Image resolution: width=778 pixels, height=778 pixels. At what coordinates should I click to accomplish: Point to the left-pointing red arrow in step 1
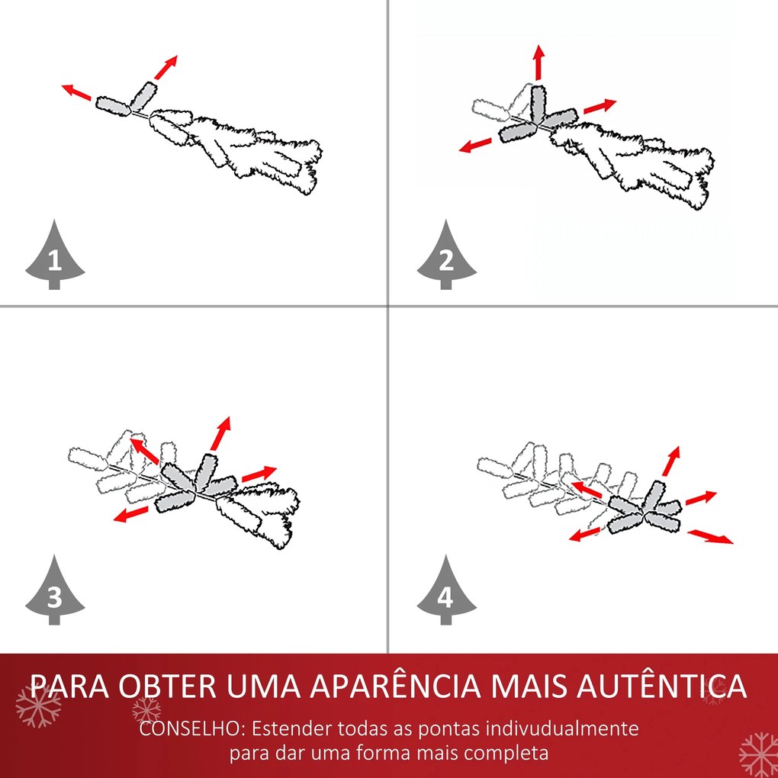76,92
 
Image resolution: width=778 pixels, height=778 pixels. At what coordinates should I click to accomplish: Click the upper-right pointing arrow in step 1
166,67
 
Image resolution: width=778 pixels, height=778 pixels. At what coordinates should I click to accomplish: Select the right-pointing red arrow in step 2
600,106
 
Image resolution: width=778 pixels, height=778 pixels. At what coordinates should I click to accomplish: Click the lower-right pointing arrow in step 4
710,536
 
